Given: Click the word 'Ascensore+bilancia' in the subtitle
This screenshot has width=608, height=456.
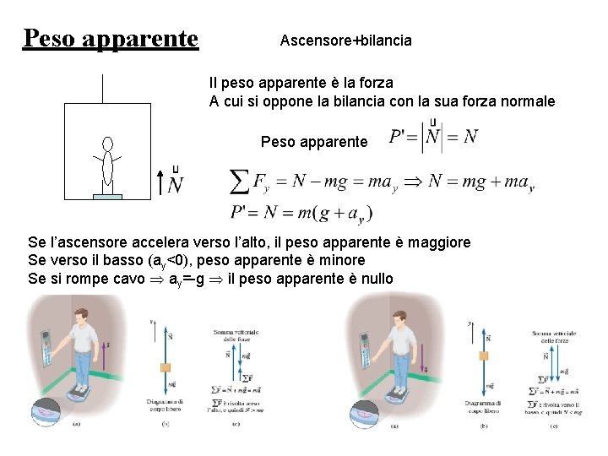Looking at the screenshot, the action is pyautogui.click(x=345, y=40).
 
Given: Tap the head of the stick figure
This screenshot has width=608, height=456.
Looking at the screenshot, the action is pyautogui.click(x=107, y=144).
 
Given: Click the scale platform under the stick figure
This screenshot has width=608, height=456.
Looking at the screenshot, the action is pyautogui.click(x=107, y=197).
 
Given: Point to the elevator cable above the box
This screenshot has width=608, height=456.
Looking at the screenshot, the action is pyautogui.click(x=101, y=89).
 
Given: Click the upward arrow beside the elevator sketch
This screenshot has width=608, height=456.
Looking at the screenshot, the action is pyautogui.click(x=161, y=182).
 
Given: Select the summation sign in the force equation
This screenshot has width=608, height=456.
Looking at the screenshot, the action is pyautogui.click(x=240, y=182).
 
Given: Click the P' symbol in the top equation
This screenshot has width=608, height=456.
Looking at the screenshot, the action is pyautogui.click(x=399, y=137).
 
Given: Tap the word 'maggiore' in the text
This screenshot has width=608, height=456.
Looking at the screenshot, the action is pyautogui.click(x=437, y=243).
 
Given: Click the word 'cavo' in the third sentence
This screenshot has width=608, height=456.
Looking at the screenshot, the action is pyautogui.click(x=130, y=278).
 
